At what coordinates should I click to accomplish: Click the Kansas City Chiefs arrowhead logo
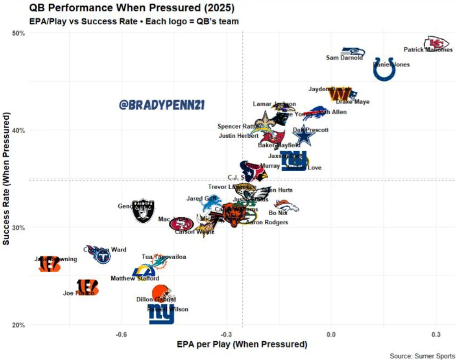click(x=436, y=43)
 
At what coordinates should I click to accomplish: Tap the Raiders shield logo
click(x=143, y=211)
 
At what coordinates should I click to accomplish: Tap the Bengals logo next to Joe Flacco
click(x=87, y=287)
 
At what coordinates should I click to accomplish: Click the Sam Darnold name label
click(x=344, y=57)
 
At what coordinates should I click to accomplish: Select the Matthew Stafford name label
click(x=135, y=278)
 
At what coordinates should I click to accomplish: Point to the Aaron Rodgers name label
click(x=267, y=222)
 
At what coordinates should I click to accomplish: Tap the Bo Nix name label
click(x=278, y=213)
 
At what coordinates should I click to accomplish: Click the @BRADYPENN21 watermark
click(x=161, y=105)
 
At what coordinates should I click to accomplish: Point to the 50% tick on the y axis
click(x=20, y=33)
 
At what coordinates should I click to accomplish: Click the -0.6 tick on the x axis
click(x=121, y=334)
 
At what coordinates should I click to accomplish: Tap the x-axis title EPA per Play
click(x=242, y=344)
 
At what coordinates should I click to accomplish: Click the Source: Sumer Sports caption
click(x=422, y=356)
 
